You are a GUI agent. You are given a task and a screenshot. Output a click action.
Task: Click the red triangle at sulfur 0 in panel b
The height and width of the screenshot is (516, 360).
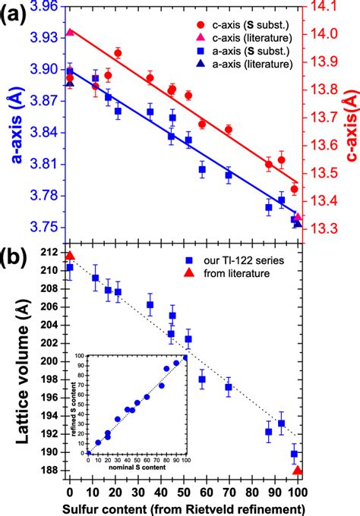tap(70, 256)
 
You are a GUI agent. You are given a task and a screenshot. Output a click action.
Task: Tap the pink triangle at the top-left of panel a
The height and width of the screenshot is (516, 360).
tap(70, 33)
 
